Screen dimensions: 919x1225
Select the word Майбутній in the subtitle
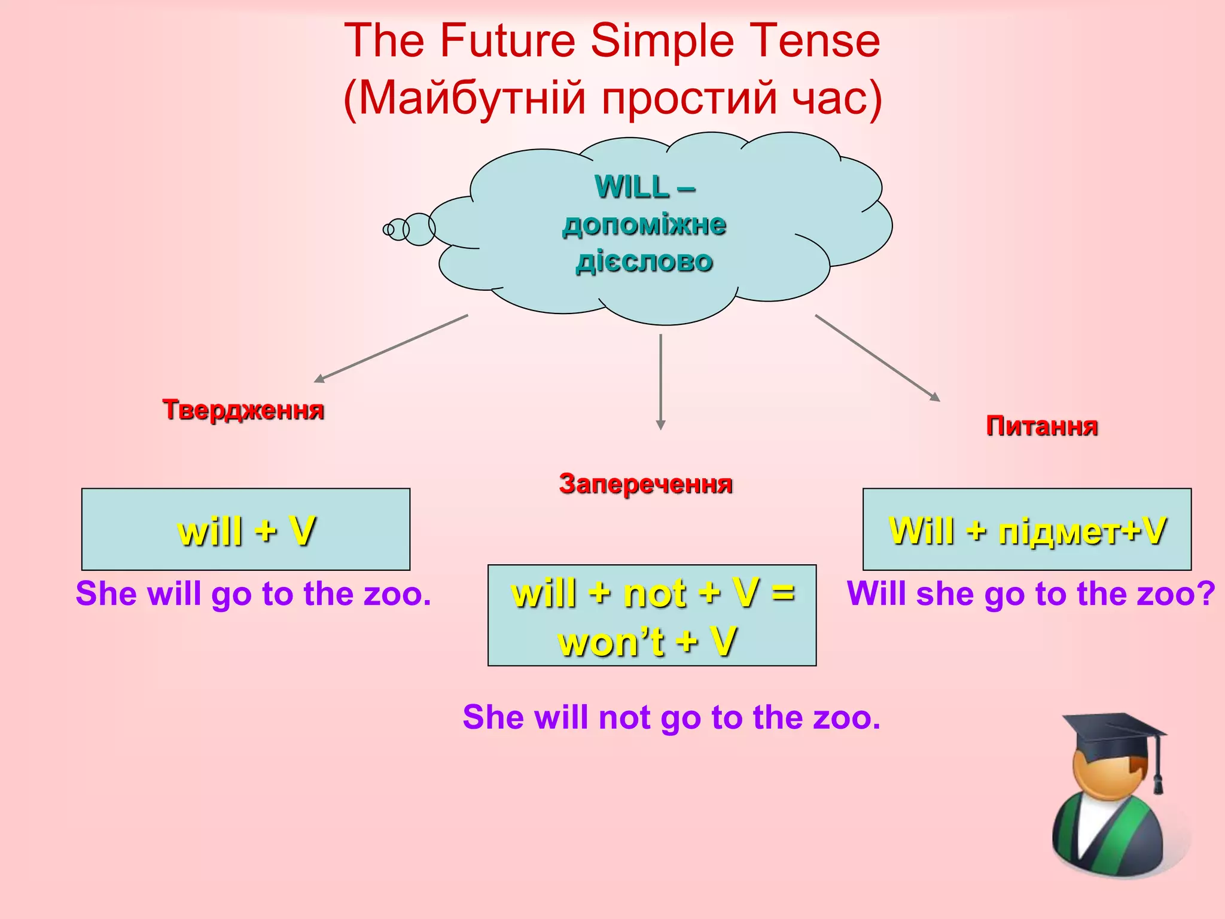click(x=472, y=98)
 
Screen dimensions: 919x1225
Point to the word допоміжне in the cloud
click(x=644, y=225)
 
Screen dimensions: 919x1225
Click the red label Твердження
click(x=243, y=410)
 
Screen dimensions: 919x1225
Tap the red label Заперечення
click(x=645, y=483)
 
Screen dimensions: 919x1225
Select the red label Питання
click(x=1041, y=427)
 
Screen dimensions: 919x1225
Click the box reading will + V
click(x=246, y=530)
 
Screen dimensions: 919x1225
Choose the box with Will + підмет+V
click(x=1026, y=530)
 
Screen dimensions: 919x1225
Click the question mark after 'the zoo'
click(x=1206, y=594)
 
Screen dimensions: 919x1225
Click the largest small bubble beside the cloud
click(x=419, y=229)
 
